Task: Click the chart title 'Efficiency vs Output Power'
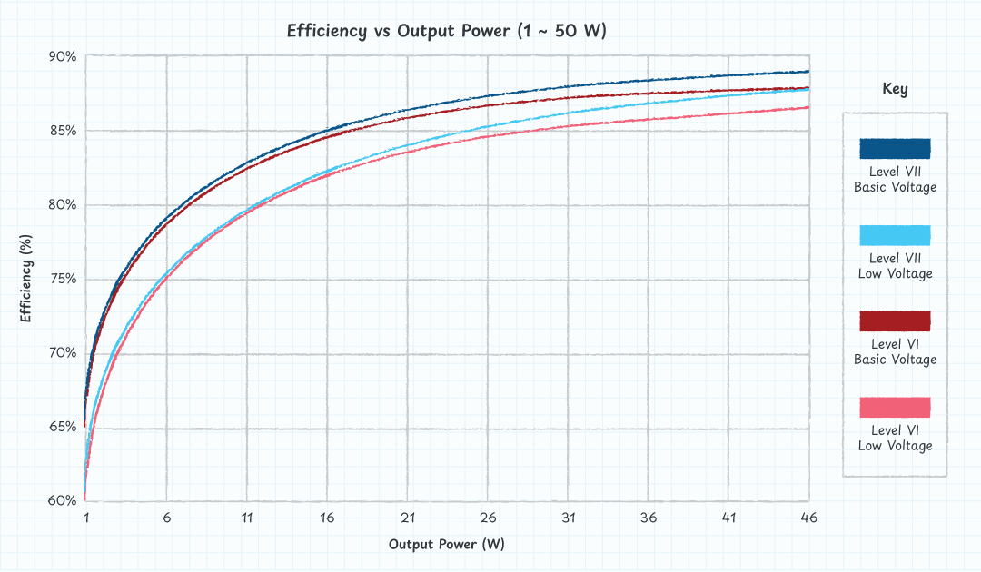pos(446,30)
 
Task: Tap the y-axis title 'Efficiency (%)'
pos(26,279)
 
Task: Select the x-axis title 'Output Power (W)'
pos(446,545)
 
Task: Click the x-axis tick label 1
pos(86,518)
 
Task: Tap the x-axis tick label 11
pos(247,518)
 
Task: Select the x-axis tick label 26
pos(488,518)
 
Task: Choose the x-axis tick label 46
pos(808,518)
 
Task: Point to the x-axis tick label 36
pos(648,518)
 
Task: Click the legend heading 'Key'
pos(895,89)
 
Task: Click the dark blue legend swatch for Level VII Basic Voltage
pos(895,149)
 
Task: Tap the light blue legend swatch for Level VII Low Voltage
pos(895,235)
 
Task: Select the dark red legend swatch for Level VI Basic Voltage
pos(895,321)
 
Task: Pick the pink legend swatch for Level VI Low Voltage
pos(895,408)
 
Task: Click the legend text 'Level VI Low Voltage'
pos(895,438)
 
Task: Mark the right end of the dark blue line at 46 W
pos(808,72)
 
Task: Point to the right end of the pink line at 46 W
pos(808,107)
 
